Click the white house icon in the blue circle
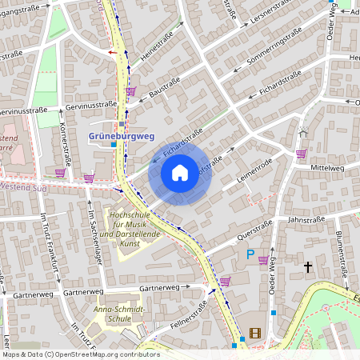point(180,172)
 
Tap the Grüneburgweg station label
point(121,137)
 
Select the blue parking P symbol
point(250,255)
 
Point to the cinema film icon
point(254,334)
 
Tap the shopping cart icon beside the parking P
point(263,260)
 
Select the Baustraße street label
point(165,95)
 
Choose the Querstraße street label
point(250,230)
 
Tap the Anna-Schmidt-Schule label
point(119,314)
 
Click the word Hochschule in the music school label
point(130,215)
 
